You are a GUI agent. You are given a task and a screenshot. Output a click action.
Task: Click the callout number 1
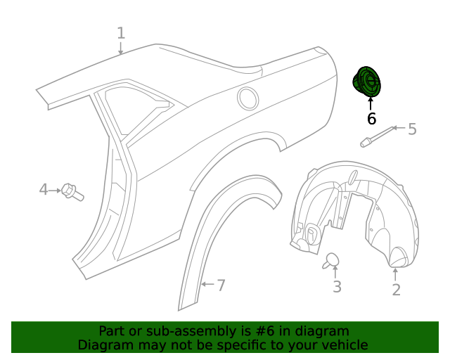click(121, 33)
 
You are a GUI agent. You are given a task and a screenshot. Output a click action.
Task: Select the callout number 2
click(396, 289)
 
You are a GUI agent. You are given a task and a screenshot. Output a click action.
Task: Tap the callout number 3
click(337, 286)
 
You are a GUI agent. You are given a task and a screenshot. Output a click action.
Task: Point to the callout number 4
click(44, 189)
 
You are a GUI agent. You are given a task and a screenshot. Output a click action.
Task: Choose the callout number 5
click(412, 129)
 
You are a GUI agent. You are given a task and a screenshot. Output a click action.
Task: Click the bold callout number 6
click(371, 119)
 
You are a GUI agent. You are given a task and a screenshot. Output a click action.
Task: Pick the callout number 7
click(221, 285)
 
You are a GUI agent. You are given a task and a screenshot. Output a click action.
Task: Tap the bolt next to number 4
click(72, 191)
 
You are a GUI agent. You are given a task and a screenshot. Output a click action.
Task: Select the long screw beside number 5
click(376, 136)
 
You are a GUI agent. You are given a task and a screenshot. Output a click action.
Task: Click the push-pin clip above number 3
click(331, 261)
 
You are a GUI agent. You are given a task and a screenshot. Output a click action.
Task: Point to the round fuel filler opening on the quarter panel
click(248, 98)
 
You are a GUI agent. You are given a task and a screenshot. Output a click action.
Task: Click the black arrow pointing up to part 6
click(371, 103)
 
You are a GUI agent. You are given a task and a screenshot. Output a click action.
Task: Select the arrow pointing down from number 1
click(121, 48)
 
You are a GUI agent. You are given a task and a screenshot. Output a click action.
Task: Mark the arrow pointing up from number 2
click(395, 274)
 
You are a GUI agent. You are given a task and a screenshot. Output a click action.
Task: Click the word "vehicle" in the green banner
click(342, 345)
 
